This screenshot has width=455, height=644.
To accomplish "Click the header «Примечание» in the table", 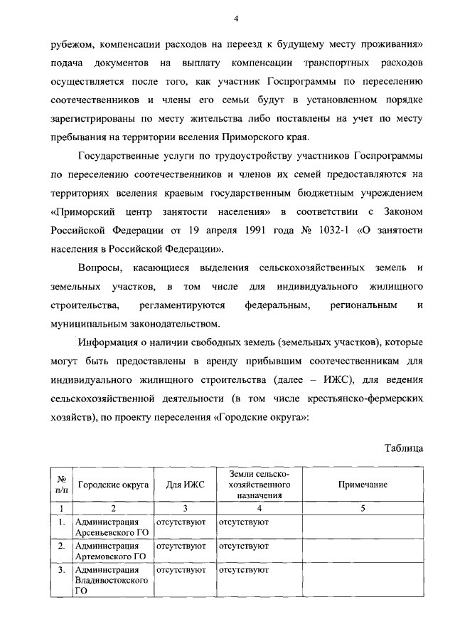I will (x=363, y=485).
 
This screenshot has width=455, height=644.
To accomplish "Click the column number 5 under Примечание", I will (x=363, y=508).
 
